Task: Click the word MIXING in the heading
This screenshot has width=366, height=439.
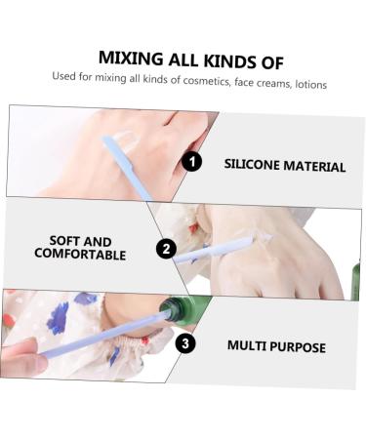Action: tap(131, 59)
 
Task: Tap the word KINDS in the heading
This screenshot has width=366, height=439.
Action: tap(229, 61)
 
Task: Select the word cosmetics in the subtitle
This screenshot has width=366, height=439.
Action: tap(206, 80)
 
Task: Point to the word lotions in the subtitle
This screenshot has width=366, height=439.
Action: tap(310, 84)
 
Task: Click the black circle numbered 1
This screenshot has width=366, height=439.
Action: tap(192, 161)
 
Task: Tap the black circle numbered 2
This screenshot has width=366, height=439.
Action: tap(166, 249)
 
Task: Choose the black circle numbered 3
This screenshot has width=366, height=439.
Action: tap(185, 343)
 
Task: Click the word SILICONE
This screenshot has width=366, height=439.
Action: tap(252, 164)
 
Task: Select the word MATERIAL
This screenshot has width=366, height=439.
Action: tap(314, 166)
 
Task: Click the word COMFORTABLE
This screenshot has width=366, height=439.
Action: tap(80, 254)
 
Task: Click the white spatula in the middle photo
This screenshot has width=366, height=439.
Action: tap(213, 250)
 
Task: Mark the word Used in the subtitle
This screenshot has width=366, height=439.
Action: tap(63, 76)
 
